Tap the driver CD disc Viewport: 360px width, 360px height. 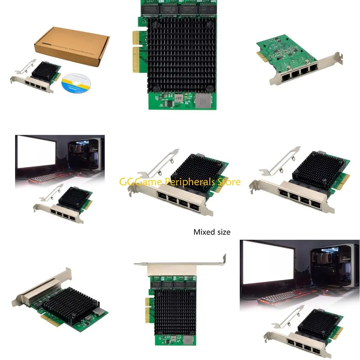tap(76, 83)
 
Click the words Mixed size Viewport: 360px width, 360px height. tap(212, 232)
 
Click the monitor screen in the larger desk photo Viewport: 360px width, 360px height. tap(269, 260)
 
